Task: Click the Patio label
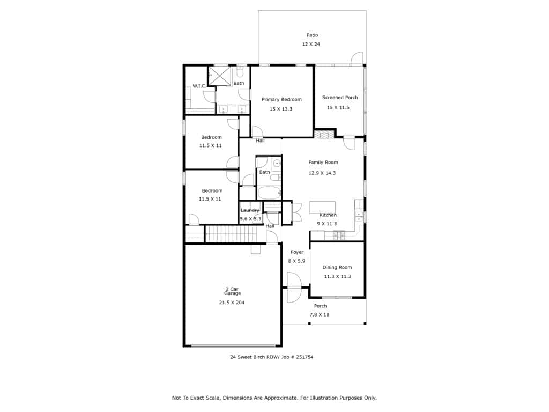tap(313, 35)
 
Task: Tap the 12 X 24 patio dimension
tap(311, 44)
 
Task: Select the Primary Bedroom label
tap(281, 99)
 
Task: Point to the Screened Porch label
tap(340, 98)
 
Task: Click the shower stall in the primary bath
tap(219, 75)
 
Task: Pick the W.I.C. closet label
tap(199, 86)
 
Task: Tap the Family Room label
tap(323, 162)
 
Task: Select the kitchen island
tap(322, 207)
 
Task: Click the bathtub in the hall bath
tap(269, 193)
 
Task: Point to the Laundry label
tap(250, 210)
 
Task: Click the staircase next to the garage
tap(231, 234)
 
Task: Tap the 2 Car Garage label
tap(233, 291)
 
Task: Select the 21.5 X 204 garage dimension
tap(232, 303)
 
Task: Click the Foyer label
tap(297, 252)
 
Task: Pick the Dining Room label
tap(337, 267)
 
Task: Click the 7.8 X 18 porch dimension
tap(320, 314)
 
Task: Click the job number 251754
tap(305, 357)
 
